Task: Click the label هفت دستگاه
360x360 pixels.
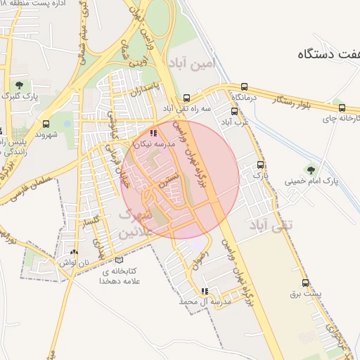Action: pos(325,53)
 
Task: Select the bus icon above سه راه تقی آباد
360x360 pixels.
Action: pos(186,98)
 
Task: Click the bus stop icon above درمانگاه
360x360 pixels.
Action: pos(244,85)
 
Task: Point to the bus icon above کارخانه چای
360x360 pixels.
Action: pos(342,108)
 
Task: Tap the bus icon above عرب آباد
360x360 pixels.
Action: pos(235,111)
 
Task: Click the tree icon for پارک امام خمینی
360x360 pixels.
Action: pos(310,169)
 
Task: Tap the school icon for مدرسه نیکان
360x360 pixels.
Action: pos(154,133)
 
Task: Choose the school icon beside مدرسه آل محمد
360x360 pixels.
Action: pos(205,291)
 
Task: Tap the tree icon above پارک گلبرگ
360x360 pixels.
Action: pos(18,85)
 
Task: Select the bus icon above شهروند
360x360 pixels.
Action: pos(46,124)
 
